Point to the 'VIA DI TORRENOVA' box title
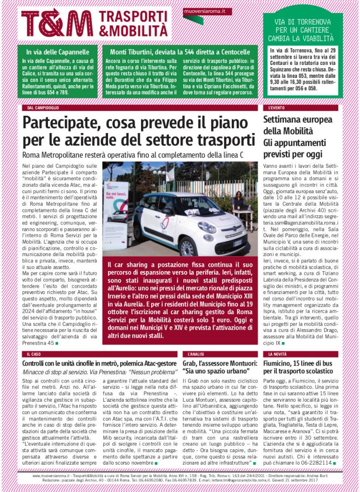(303, 29)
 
